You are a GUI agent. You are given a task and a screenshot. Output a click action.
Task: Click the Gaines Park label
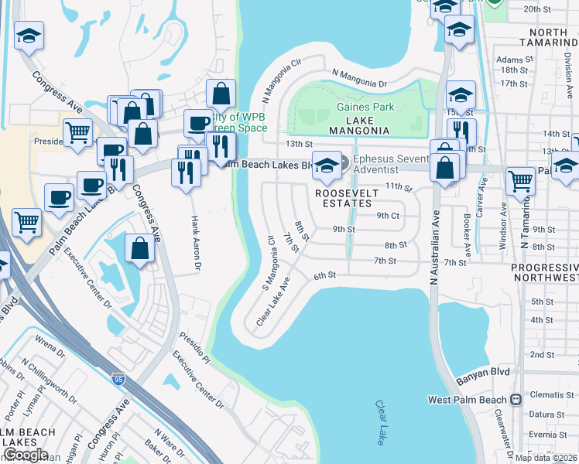[x=365, y=107]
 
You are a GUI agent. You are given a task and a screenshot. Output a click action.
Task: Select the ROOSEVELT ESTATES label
[x=357, y=197]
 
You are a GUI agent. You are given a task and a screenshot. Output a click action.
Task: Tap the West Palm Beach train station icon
[x=516, y=400]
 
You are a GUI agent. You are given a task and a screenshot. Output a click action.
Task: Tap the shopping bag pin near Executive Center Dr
[x=139, y=249]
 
